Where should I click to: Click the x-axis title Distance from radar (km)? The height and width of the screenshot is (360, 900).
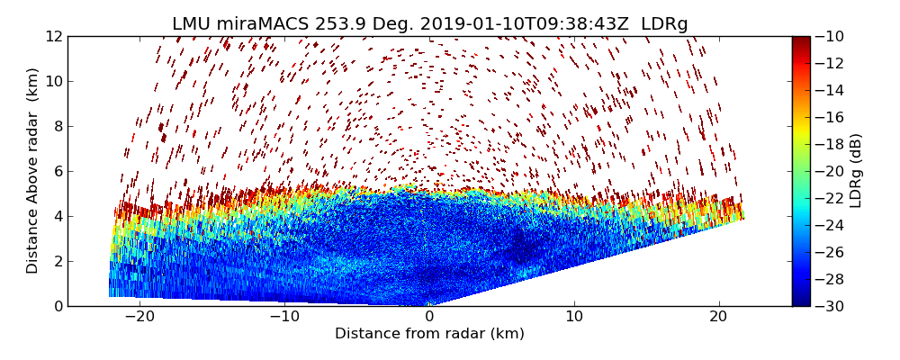coord(429,334)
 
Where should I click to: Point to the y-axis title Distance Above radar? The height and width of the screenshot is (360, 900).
coord(33,171)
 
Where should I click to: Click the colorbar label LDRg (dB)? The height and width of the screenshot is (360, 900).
coord(856,171)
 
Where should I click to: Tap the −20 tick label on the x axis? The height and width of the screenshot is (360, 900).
coord(139,317)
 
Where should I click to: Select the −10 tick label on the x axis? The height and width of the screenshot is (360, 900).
coord(284,317)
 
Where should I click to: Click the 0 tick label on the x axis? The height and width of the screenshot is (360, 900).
coord(429,317)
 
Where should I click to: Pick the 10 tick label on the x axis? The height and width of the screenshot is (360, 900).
coord(574,317)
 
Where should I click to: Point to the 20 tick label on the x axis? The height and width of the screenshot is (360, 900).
coord(718,317)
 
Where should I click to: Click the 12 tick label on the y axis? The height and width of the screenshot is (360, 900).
coord(54,37)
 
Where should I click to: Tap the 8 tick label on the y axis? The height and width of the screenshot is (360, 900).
coord(58,127)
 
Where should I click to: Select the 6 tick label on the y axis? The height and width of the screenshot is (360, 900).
coord(58,172)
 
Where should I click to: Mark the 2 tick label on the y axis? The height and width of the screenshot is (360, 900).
coord(58,262)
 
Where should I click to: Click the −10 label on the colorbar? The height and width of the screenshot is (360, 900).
coord(832,37)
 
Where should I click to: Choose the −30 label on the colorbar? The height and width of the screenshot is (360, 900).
coord(832,306)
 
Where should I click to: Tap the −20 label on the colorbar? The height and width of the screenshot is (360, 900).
coord(832,171)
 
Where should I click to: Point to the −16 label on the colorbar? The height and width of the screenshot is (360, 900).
coord(832,117)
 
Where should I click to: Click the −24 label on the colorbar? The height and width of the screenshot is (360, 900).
coord(832,225)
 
